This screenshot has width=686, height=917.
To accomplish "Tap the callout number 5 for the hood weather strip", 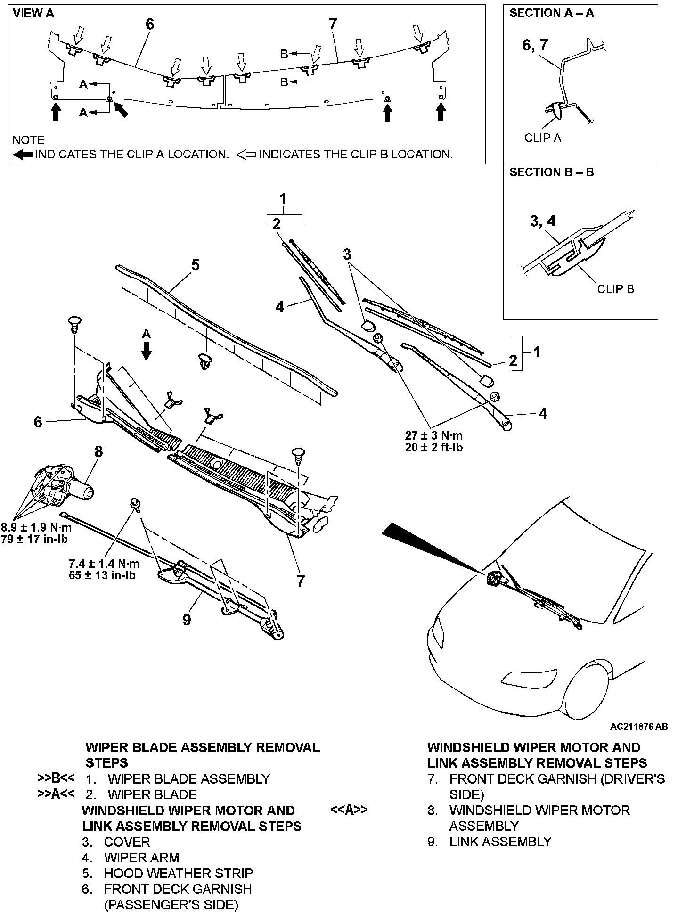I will click(x=195, y=265).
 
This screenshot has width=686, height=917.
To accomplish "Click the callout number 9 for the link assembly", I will click(x=187, y=619).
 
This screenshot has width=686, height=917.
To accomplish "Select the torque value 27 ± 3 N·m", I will click(x=433, y=436).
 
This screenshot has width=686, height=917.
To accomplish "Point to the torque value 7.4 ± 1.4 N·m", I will click(x=104, y=563).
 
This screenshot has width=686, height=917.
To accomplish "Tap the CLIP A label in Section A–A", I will click(x=543, y=138).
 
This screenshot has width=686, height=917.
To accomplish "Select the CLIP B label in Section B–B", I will click(x=615, y=288).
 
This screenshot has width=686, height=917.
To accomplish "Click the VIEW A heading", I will click(x=33, y=14).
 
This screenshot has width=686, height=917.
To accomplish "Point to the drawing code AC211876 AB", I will click(x=638, y=727).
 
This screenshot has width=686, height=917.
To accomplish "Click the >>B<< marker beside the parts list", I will click(x=55, y=778).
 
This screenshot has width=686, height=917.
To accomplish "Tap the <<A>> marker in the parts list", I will click(x=349, y=810).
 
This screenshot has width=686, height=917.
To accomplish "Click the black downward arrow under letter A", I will click(x=147, y=351).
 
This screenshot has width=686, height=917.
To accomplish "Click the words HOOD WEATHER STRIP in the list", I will click(x=178, y=873).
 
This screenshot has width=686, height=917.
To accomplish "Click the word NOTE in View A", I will click(x=28, y=140).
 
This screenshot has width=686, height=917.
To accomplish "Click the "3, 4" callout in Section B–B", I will click(x=543, y=221).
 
